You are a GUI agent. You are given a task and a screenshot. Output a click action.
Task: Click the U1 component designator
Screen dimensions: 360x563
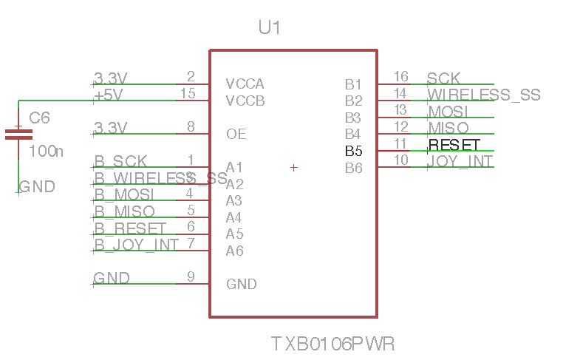pyautogui.click(x=269, y=29)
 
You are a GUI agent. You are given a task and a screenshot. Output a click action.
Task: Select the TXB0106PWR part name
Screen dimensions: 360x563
pyautogui.click(x=332, y=344)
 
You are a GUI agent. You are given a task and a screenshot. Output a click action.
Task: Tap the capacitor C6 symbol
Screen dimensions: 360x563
pyautogui.click(x=18, y=134)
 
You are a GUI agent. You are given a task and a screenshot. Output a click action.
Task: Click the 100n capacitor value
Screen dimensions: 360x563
pyautogui.click(x=46, y=152)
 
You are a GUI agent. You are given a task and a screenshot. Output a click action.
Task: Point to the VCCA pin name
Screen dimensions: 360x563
pyautogui.click(x=245, y=84)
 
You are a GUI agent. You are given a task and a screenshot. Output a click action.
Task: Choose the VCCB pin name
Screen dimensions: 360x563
pyautogui.click(x=245, y=101)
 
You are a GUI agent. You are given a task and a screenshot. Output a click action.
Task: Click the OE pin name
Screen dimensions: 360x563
pyautogui.click(x=236, y=135)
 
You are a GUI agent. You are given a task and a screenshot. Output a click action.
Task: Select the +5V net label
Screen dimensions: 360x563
pyautogui.click(x=108, y=95)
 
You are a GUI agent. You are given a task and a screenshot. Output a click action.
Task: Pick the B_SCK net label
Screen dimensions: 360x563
pyautogui.click(x=120, y=161)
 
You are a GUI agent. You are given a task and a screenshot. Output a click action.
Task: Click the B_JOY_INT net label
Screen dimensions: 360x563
pyautogui.click(x=136, y=245)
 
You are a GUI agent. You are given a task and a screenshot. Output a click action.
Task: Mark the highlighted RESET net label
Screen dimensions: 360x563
pyautogui.click(x=454, y=144)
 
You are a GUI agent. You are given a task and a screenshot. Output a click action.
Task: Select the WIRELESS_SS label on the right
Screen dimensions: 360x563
pyautogui.click(x=484, y=95)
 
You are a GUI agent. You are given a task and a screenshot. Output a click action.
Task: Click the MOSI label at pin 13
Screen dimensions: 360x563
pyautogui.click(x=448, y=112)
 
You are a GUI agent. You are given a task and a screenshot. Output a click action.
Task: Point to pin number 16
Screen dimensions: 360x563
pyautogui.click(x=400, y=77)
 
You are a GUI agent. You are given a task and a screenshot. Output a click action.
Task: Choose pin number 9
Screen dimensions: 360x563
pyautogui.click(x=191, y=276)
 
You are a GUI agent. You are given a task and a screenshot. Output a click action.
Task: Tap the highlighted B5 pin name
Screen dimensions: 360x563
pyautogui.click(x=354, y=152)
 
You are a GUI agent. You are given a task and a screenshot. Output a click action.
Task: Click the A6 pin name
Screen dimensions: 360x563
pyautogui.click(x=234, y=251)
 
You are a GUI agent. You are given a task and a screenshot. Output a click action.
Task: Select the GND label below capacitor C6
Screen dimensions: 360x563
pyautogui.click(x=37, y=187)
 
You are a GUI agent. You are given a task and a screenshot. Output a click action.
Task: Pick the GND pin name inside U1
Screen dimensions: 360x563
pyautogui.click(x=241, y=285)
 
